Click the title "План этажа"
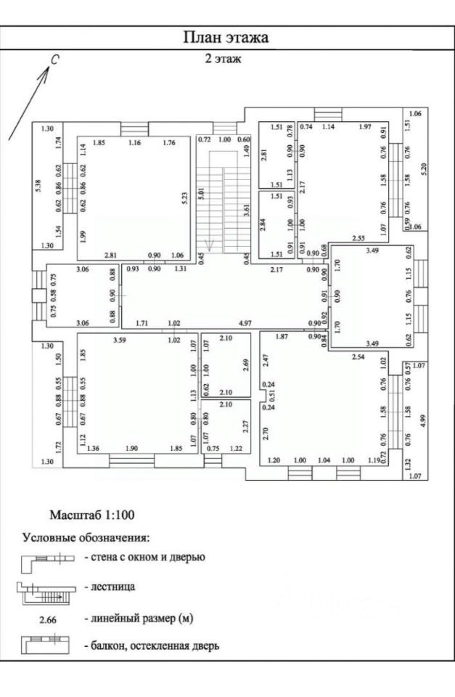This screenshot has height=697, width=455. pyautogui.click(x=226, y=38)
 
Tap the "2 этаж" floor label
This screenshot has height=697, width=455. pyautogui.click(x=224, y=60)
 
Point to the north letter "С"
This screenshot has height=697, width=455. pyautogui.click(x=53, y=62)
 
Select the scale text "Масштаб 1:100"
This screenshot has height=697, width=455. pyautogui.click(x=91, y=515)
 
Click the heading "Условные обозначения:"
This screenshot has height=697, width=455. pyautogui.click(x=86, y=538)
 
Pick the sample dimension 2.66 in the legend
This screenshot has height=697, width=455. pyautogui.click(x=46, y=619)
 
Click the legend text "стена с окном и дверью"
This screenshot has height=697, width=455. pyautogui.click(x=145, y=558)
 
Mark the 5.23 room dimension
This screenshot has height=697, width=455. pyautogui.click(x=185, y=200)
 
